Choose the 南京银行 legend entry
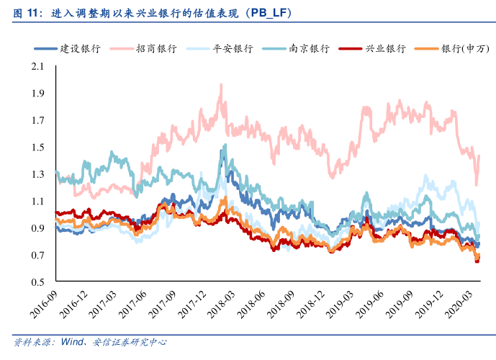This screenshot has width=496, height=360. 309,49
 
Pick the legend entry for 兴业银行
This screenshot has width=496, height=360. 386,49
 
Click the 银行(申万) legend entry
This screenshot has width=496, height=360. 464,49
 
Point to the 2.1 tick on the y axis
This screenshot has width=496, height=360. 37,67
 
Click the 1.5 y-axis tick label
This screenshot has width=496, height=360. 37,148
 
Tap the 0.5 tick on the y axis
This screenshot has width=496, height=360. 37,282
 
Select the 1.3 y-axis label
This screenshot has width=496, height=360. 37,175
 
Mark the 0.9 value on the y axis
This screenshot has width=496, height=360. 37,228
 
